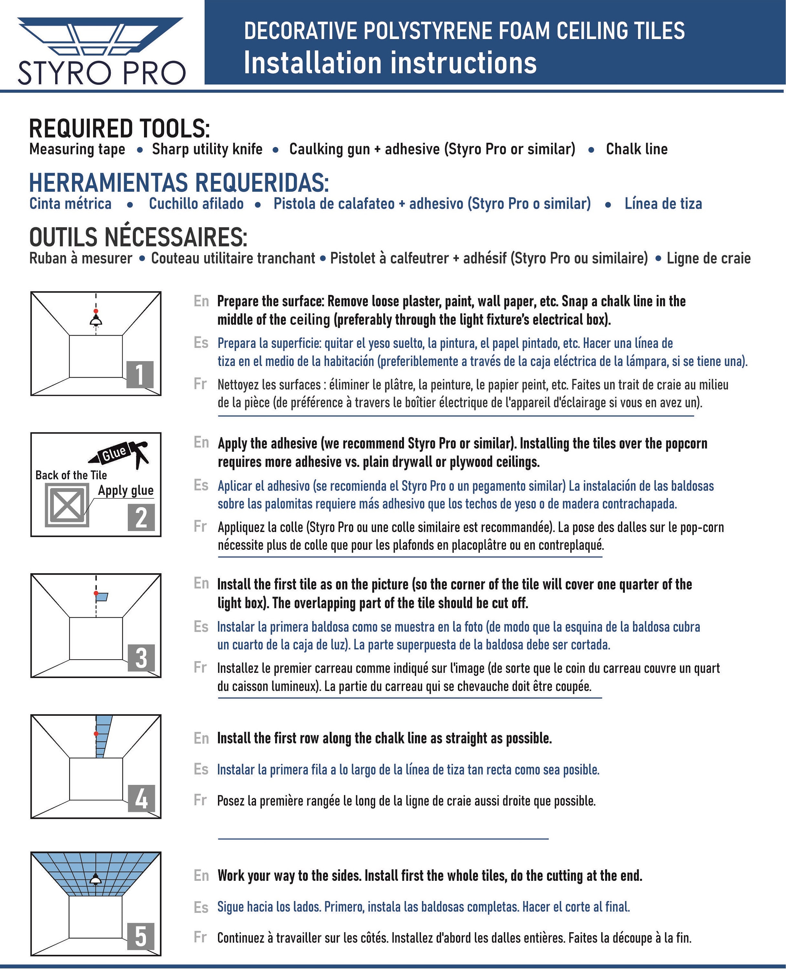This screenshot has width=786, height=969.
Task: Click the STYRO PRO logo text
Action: [102, 72]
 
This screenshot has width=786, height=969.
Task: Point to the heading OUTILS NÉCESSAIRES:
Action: [138, 237]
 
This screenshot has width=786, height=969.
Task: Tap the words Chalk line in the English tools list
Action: [636, 149]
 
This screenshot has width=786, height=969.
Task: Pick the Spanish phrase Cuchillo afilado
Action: [196, 204]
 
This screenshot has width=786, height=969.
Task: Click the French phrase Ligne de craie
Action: [708, 258]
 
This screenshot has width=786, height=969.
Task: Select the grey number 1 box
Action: [140, 374]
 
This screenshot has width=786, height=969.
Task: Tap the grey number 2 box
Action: [141, 517]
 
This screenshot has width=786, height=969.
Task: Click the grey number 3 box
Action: [141, 658]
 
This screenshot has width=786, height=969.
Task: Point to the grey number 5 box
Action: [141, 936]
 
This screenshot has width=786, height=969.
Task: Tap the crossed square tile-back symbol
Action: [67, 505]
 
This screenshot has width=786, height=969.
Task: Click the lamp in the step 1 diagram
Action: [96, 321]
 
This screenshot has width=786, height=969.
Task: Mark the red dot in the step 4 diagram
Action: [96, 734]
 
